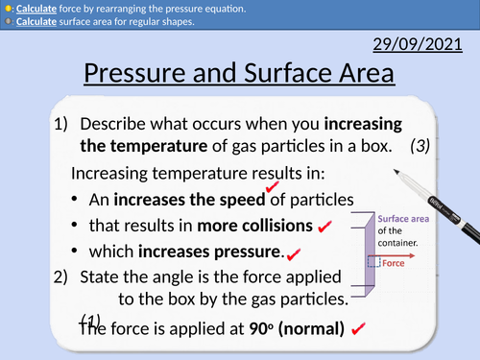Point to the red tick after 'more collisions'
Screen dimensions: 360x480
(x=324, y=228)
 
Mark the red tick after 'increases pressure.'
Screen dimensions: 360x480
(x=293, y=253)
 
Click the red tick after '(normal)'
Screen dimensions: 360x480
(x=359, y=328)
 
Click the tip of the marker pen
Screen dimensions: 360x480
(x=395, y=172)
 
